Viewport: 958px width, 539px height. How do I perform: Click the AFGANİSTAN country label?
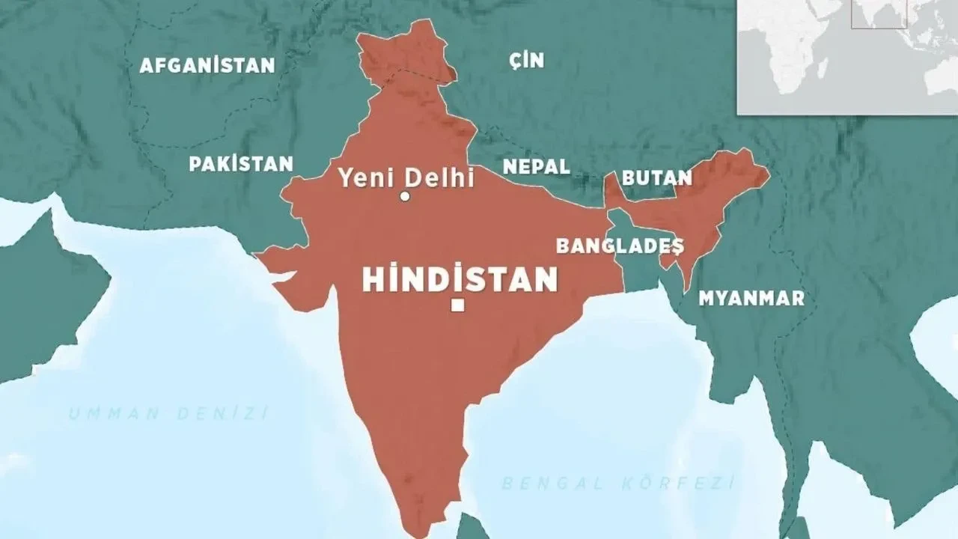(x=207, y=65)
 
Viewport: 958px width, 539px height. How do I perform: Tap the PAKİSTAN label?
(x=241, y=164)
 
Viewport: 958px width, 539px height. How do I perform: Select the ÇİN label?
(x=526, y=60)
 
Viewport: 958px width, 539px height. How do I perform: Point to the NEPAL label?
(x=536, y=166)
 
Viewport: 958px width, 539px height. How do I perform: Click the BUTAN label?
(x=657, y=178)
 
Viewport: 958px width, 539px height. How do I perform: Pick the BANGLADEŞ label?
(x=620, y=246)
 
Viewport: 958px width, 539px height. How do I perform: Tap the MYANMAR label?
(x=751, y=298)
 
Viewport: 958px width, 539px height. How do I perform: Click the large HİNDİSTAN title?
(x=460, y=279)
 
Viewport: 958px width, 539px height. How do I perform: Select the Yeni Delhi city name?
(x=406, y=178)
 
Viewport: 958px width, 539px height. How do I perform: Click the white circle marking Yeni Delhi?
(x=405, y=197)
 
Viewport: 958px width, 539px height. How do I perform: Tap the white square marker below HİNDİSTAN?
(x=458, y=305)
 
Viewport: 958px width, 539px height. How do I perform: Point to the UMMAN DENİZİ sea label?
(x=168, y=413)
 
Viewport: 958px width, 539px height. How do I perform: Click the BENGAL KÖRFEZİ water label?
(x=617, y=483)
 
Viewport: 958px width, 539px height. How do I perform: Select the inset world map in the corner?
(x=847, y=57)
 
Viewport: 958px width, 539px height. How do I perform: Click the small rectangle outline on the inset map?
(x=879, y=13)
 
